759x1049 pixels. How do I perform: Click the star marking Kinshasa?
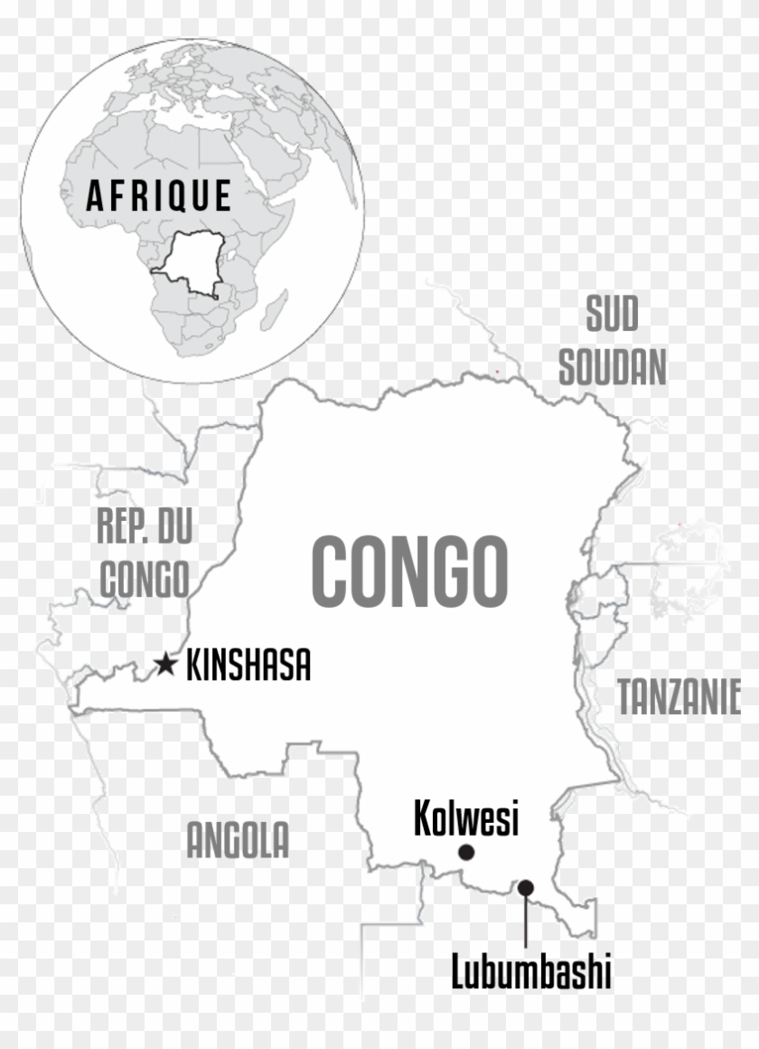pos(164,665)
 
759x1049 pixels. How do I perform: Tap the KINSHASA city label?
pos(248,666)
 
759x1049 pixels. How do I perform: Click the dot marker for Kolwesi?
pos(466,852)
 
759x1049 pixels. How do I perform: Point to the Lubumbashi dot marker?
pos(525,887)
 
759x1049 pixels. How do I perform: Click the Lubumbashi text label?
pos(531,973)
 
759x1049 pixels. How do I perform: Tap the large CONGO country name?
pos(409,572)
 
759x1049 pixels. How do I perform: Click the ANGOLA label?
pos(238,841)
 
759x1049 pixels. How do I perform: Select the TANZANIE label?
pos(679,698)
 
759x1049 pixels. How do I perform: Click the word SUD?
pos(612,315)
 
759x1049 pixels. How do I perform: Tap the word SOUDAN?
pos(612,368)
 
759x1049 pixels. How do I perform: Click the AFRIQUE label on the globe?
pos(159,195)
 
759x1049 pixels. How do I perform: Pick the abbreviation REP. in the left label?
pos(123,526)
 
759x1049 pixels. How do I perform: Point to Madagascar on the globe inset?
pos(275,310)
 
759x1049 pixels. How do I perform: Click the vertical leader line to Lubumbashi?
pos(525,922)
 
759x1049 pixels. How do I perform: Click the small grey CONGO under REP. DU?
pos(144,579)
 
